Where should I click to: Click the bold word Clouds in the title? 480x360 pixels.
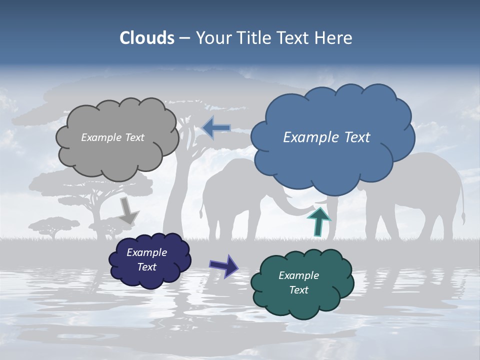[146, 38]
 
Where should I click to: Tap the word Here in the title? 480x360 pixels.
[334, 38]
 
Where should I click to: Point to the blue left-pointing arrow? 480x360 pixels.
[216, 128]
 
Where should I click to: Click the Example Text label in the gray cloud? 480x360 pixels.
[112, 137]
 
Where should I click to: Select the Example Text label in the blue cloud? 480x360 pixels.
[326, 137]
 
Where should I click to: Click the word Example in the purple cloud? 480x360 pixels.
[146, 252]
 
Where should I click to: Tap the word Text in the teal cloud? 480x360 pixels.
[299, 290]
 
